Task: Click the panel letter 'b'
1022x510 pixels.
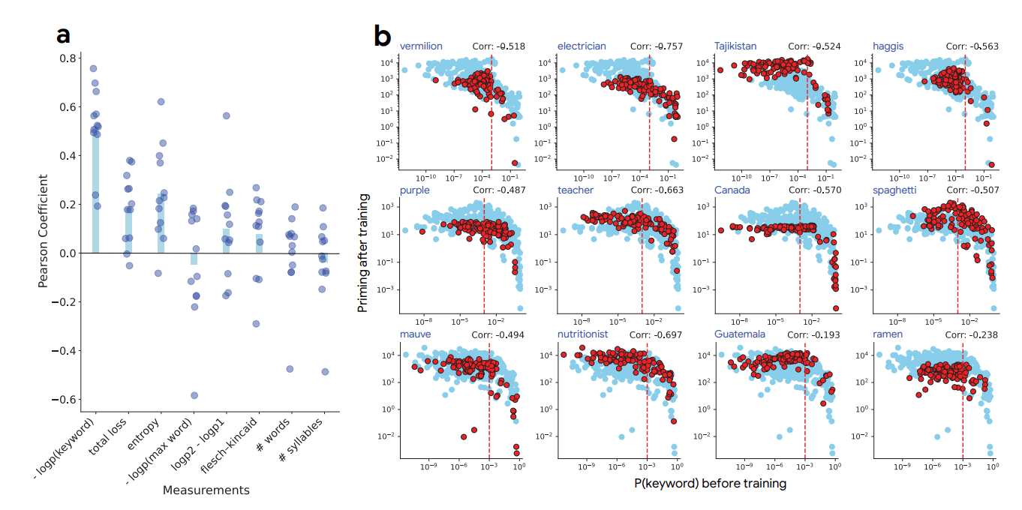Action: pyautogui.click(x=382, y=35)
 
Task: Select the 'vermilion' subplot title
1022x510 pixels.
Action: pyautogui.click(x=420, y=46)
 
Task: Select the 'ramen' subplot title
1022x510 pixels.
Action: pyautogui.click(x=887, y=334)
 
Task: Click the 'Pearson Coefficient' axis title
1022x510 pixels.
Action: pyautogui.click(x=44, y=229)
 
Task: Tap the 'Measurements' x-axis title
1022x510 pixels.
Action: pyautogui.click(x=206, y=490)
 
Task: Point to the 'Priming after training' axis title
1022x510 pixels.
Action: pyautogui.click(x=363, y=252)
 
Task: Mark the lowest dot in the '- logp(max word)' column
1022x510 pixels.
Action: pyautogui.click(x=194, y=395)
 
